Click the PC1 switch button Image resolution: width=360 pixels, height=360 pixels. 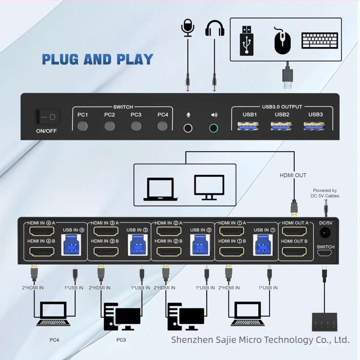[x=82, y=126]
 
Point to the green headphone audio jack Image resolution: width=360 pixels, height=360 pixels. [x=214, y=128]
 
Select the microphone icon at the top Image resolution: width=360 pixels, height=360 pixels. [x=187, y=28]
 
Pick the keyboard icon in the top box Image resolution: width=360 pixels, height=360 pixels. [x=319, y=41]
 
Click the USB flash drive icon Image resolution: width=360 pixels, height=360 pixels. [x=247, y=40]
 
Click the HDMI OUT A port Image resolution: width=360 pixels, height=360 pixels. [x=295, y=233]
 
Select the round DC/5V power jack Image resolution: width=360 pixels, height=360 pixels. [x=325, y=233]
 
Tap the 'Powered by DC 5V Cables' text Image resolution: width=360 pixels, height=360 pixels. [x=325, y=193]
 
